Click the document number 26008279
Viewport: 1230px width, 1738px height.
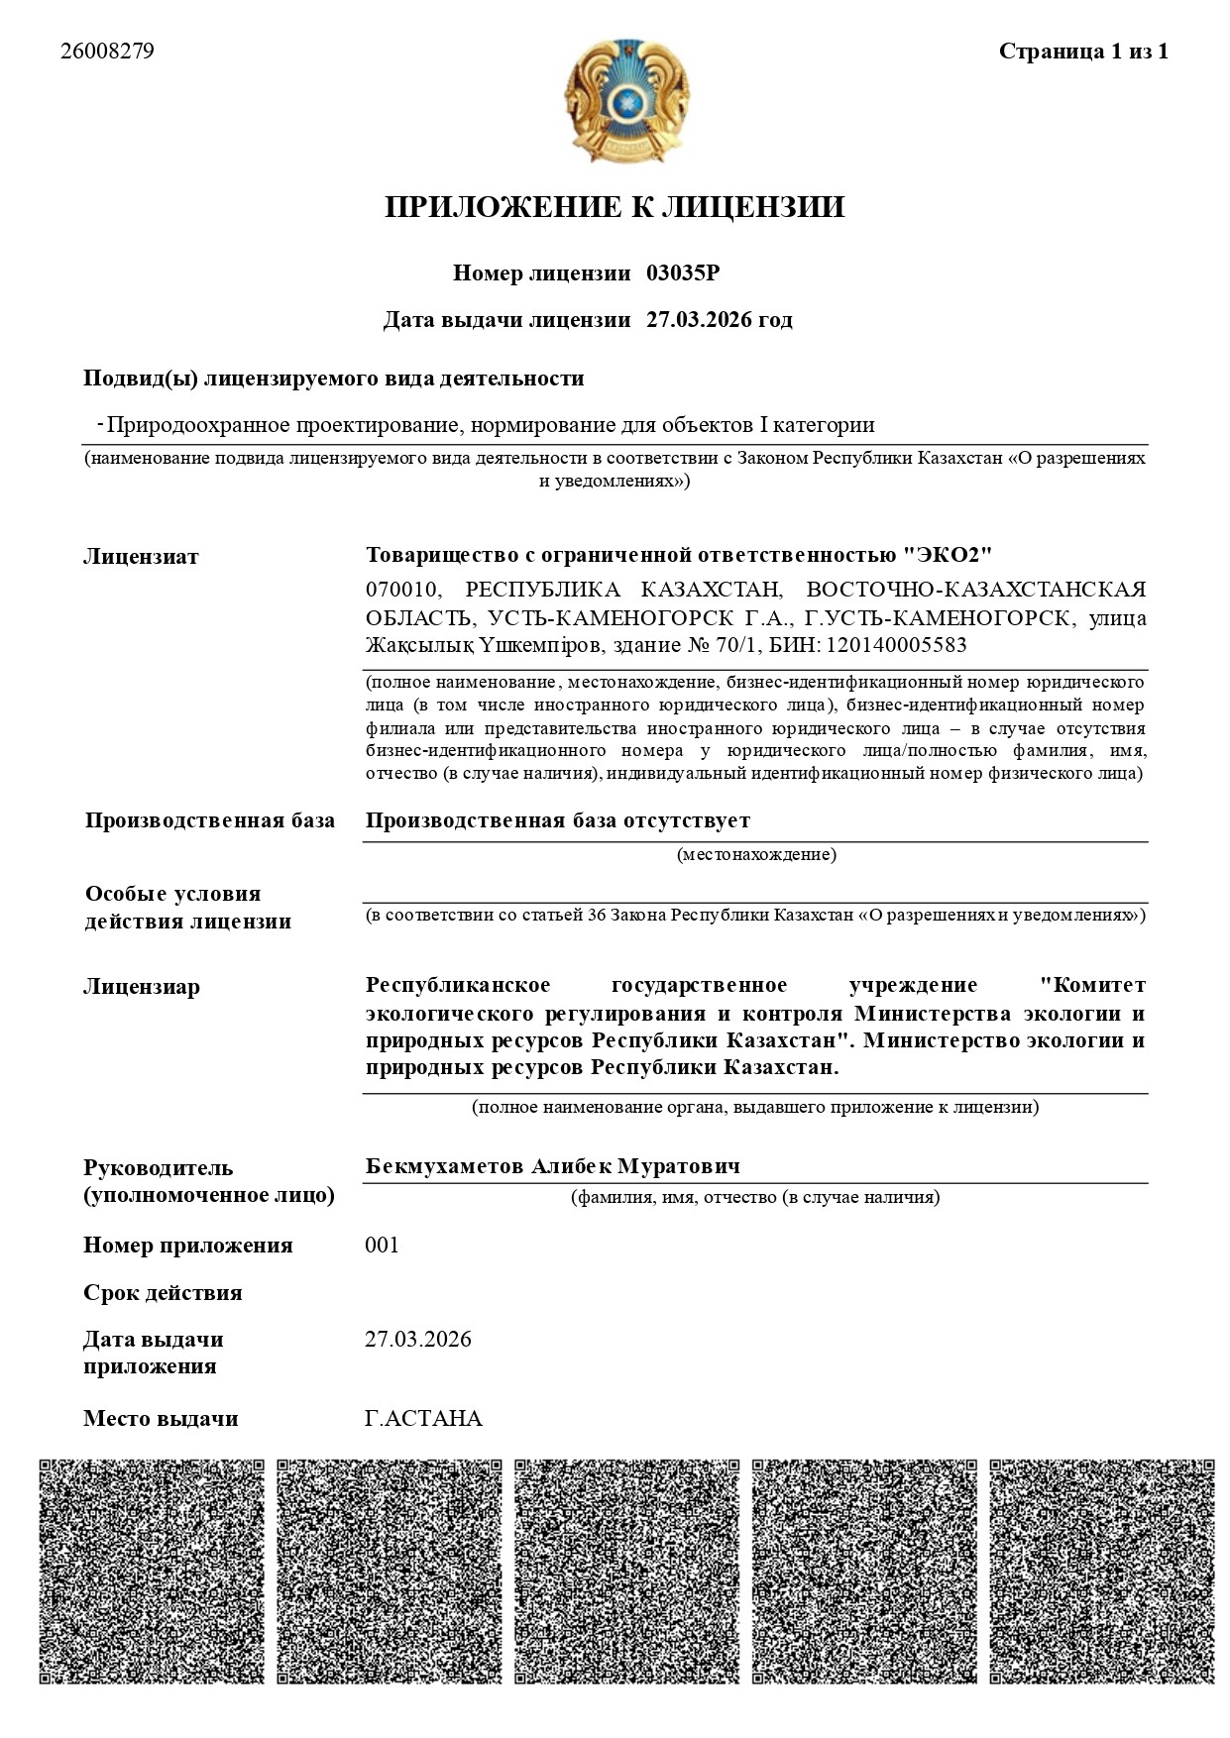(107, 52)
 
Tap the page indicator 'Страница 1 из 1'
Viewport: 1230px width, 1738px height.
(1083, 52)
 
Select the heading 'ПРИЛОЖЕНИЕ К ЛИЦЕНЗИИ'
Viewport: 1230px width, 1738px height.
(615, 207)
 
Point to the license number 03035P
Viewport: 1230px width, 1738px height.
(683, 273)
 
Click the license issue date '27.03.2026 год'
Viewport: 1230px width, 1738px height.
(720, 320)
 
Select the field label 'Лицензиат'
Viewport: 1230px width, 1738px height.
(141, 557)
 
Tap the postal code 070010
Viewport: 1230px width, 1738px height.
(402, 591)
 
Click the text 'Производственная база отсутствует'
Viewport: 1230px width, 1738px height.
(558, 820)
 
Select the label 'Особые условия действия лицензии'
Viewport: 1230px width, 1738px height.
(187, 908)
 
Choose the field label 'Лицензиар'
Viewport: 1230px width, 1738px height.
(142, 987)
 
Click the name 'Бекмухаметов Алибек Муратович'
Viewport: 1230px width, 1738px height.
(553, 1166)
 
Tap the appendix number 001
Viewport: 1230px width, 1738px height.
(383, 1246)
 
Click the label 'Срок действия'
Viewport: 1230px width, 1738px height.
(163, 1293)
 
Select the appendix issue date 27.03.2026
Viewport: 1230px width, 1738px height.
(418, 1340)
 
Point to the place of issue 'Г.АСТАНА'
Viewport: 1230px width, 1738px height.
(423, 1419)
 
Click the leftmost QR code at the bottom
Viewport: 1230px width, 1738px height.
(152, 1573)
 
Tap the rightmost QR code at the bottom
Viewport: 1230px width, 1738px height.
(1102, 1573)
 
